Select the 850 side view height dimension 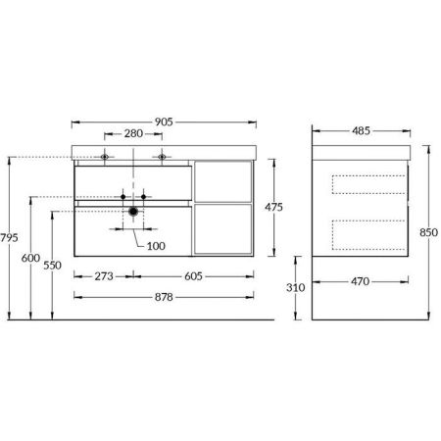tap(428, 233)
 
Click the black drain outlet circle tap(134, 211)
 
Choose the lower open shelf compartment tap(225, 231)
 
